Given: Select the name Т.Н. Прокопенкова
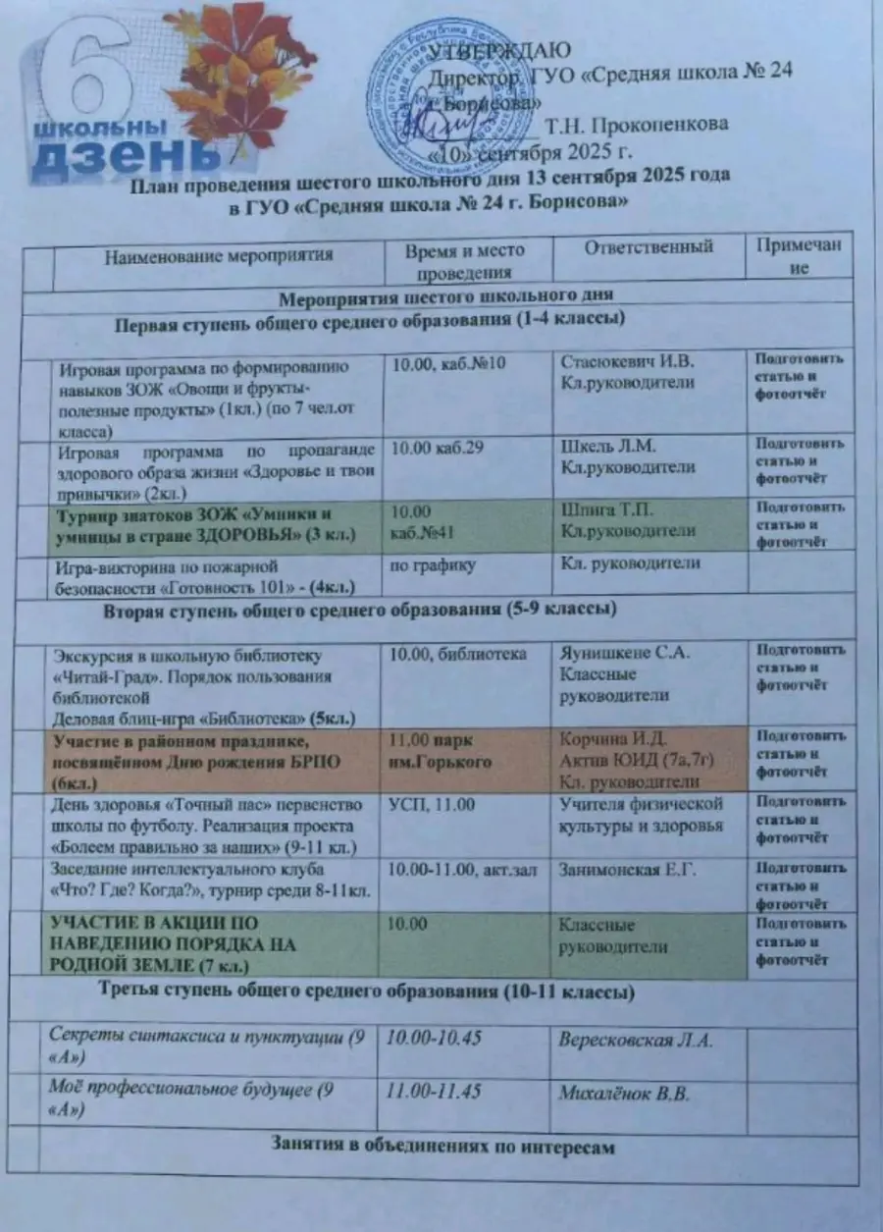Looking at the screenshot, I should tap(638, 125).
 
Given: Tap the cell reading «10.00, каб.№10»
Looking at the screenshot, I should tap(448, 364).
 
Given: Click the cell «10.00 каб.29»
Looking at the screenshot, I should tap(441, 448).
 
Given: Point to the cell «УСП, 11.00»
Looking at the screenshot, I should tap(433, 806).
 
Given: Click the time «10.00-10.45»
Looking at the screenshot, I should tap(436, 1039).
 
